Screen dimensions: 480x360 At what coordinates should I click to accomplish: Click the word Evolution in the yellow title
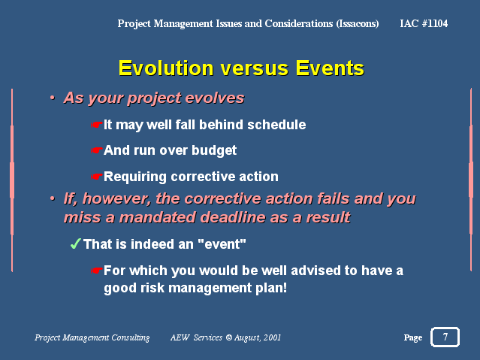pyautogui.click(x=166, y=68)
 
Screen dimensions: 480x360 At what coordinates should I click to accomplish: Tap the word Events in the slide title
pyautogui.click(x=330, y=68)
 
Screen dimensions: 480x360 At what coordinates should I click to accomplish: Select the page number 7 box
pyautogui.click(x=445, y=337)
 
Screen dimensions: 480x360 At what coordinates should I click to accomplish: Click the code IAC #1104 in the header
pyautogui.click(x=424, y=23)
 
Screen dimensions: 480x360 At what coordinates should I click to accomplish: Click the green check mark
pyautogui.click(x=75, y=244)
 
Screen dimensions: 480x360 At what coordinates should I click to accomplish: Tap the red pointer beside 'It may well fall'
pyautogui.click(x=96, y=125)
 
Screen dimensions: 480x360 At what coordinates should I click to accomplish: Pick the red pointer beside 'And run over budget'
pyautogui.click(x=96, y=150)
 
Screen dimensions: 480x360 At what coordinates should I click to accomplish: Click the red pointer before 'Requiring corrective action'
pyautogui.click(x=96, y=177)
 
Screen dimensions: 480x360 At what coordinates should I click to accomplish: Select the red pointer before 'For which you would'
pyautogui.click(x=96, y=271)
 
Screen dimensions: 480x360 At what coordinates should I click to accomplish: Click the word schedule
pyautogui.click(x=276, y=125)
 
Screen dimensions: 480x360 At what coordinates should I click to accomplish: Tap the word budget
pyautogui.click(x=214, y=151)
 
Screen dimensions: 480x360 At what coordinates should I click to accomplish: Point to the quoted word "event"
pyautogui.click(x=222, y=244)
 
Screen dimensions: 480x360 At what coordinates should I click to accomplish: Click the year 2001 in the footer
pyautogui.click(x=272, y=337)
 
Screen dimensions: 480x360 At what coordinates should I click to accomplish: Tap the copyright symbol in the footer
pyautogui.click(x=228, y=337)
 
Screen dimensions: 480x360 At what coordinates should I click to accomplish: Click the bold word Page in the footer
pyautogui.click(x=413, y=338)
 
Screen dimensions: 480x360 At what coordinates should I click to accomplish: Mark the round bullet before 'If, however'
pyautogui.click(x=53, y=198)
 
